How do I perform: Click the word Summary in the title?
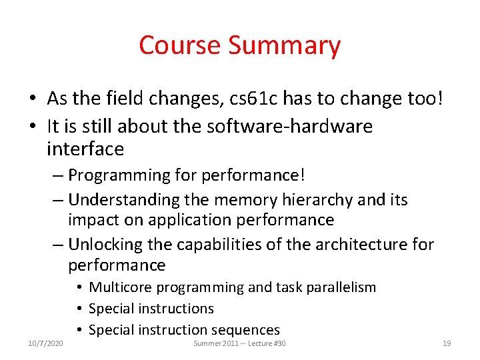(284, 45)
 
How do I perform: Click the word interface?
(85, 149)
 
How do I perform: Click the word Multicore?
(117, 287)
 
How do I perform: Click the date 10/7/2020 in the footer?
(45, 343)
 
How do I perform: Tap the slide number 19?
(447, 343)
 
